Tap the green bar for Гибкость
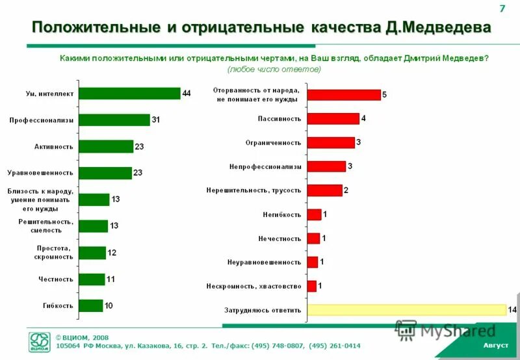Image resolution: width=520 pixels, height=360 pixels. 91,305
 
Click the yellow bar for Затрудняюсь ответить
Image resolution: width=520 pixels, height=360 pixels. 406,310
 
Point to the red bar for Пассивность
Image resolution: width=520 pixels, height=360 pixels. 333,119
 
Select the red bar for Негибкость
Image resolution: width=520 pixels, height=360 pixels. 314,214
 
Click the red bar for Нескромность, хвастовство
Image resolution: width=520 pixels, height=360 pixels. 312,286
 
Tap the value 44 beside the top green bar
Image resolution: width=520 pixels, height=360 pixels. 187,94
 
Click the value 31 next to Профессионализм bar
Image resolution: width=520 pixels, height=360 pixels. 156,120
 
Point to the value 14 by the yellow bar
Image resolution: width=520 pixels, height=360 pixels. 512,310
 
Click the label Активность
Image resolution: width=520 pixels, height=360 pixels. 53,147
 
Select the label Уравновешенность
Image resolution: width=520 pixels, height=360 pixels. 40,173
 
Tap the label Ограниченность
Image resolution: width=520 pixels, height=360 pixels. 273,142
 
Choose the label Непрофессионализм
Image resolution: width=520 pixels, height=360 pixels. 265,166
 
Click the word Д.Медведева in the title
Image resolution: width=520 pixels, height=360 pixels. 436,27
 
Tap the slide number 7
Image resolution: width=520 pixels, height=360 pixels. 502,8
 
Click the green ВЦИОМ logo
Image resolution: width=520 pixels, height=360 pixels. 38,342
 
